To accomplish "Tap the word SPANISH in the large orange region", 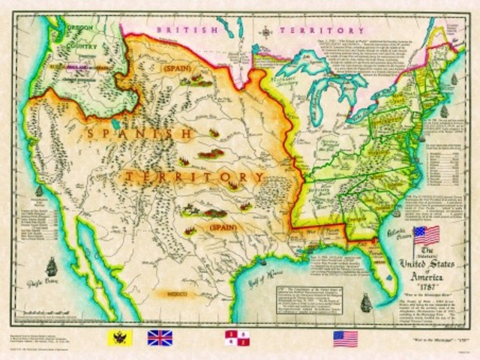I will coord(139,134).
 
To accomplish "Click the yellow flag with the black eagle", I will coord(120,337).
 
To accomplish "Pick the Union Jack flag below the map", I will coord(160,337).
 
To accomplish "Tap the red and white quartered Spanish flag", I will coord(238,337).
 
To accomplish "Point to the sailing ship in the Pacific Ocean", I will coord(51,266).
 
